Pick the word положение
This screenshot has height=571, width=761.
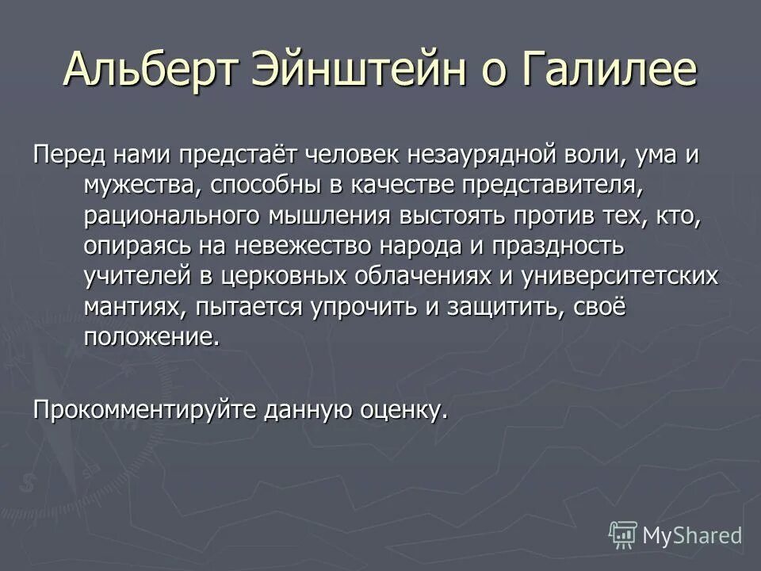(150, 336)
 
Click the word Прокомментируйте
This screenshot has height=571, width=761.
(147, 411)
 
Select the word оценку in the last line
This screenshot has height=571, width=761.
(396, 411)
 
